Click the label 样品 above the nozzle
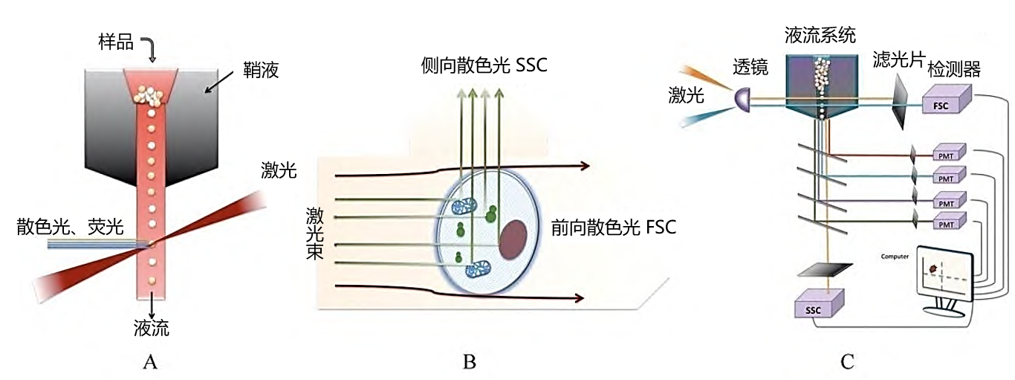tap(117, 42)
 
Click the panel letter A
tap(150, 362)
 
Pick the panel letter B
tap(469, 362)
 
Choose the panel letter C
tap(846, 362)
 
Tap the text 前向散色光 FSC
tap(614, 228)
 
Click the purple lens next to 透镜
tap(740, 97)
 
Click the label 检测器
tap(954, 71)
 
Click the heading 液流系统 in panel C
tap(820, 34)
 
